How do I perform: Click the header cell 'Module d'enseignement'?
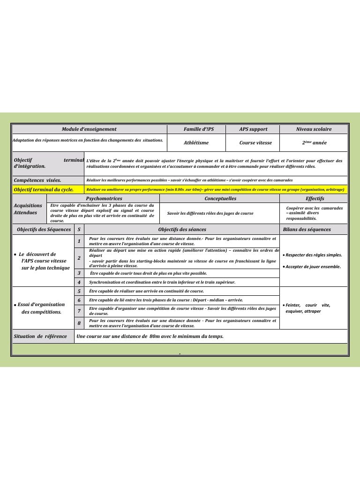(x=89, y=129)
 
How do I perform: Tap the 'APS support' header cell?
(x=253, y=129)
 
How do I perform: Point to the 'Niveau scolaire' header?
(x=314, y=129)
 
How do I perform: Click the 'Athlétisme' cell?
(x=196, y=142)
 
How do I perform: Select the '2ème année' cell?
(x=314, y=142)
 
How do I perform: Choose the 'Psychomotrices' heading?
(x=104, y=199)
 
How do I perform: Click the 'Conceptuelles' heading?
(x=220, y=199)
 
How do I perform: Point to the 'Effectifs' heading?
(x=315, y=199)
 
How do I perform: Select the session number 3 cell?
(x=79, y=273)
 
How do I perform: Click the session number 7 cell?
(x=79, y=311)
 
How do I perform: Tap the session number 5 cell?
(x=79, y=291)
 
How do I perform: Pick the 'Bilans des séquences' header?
(x=307, y=230)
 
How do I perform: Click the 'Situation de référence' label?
(x=40, y=337)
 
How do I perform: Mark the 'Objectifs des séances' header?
(x=182, y=230)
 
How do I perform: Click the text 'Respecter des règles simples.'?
(x=314, y=255)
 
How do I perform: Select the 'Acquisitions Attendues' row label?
(x=28, y=209)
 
